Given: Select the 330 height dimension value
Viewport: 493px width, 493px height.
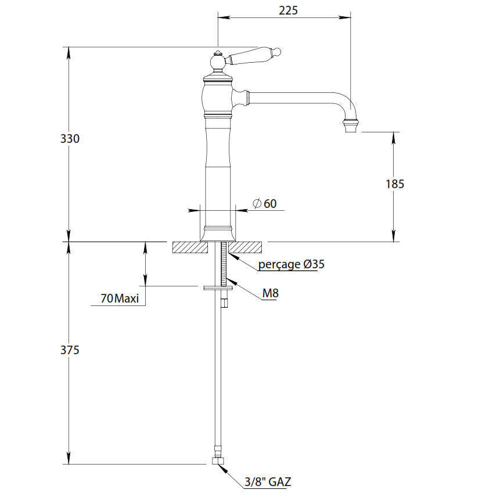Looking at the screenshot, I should coord(70,139).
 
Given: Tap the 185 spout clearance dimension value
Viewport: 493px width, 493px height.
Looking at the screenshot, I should coord(395,184).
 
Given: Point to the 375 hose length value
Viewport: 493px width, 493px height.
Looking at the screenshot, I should coord(70,350).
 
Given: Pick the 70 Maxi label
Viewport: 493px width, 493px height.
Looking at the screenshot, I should coord(120,299).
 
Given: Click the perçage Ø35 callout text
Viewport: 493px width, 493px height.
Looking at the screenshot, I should coord(291,264).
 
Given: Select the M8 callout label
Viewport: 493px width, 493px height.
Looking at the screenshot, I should coord(270,293).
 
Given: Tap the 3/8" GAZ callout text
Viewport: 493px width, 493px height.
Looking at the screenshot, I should coord(268,481).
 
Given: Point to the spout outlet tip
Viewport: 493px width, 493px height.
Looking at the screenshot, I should coord(351,125).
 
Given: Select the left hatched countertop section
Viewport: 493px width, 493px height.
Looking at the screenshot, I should coord(189,247).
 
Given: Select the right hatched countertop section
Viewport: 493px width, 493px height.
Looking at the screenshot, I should coord(248,247).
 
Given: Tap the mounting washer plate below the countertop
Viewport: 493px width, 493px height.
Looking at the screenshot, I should coord(219,286).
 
